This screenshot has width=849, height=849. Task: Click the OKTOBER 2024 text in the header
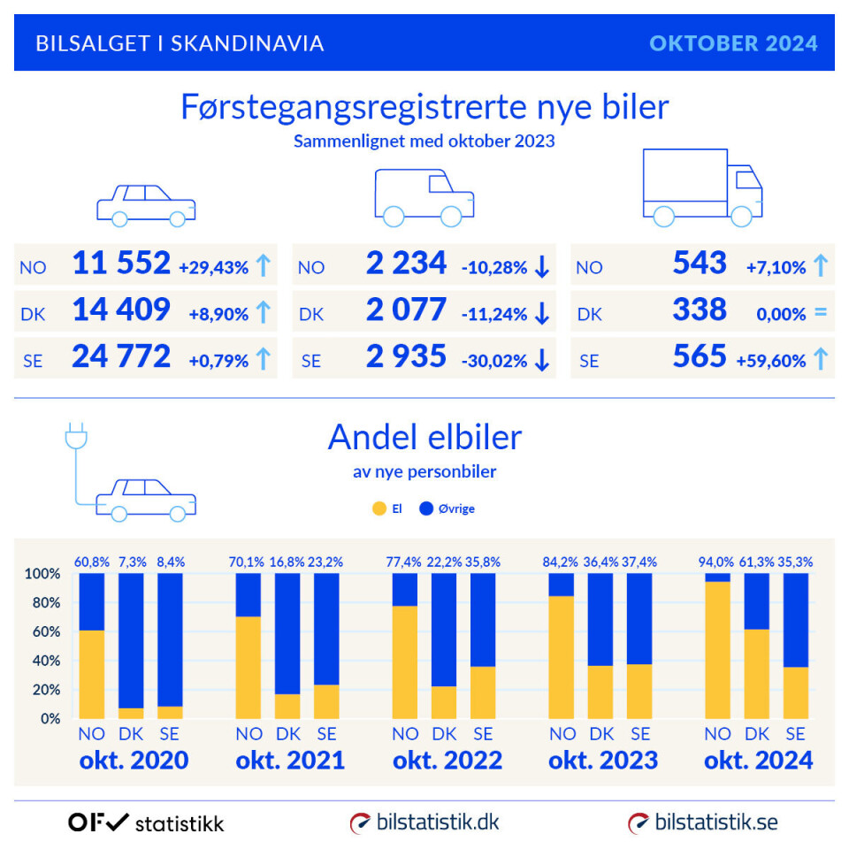[x=733, y=43]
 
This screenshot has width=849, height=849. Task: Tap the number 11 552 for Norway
[x=121, y=264]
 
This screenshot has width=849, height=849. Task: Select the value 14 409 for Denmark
[x=121, y=310]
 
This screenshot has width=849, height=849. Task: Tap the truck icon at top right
[x=702, y=187]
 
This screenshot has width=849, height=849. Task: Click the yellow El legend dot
[x=379, y=509]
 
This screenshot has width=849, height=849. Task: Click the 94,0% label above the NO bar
[x=717, y=561]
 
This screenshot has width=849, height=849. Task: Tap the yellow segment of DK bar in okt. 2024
[x=757, y=673]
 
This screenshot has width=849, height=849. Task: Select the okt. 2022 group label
[x=447, y=760]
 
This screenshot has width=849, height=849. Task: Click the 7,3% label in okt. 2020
[x=131, y=561]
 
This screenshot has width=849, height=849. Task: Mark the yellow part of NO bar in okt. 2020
[x=92, y=674]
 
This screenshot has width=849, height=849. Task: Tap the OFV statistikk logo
[x=146, y=822]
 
